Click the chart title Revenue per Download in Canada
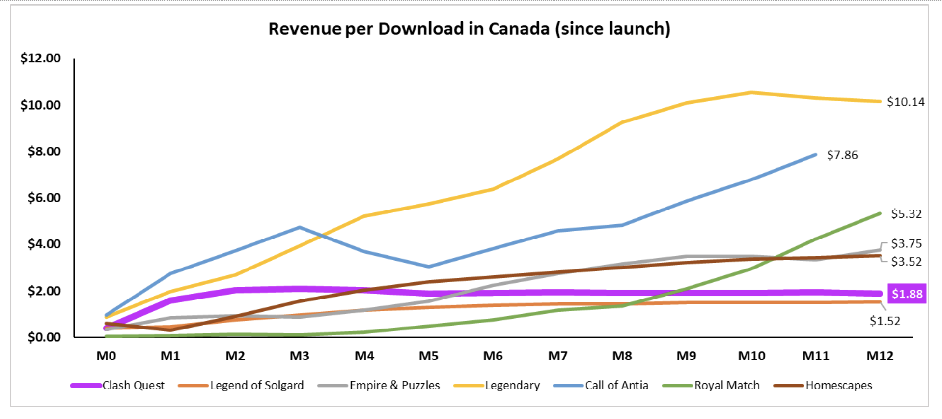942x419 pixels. point(469,29)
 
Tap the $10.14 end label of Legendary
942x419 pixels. point(905,102)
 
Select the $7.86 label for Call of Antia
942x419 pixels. point(842,155)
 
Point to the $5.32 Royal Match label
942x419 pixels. point(906,214)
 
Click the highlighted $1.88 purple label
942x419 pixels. point(907,294)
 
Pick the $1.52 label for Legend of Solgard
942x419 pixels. point(885,321)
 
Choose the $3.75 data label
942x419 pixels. point(906,243)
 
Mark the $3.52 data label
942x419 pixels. point(906,262)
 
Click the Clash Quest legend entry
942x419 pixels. point(133,386)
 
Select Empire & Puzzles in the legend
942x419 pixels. point(394,386)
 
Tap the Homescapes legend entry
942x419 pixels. point(838,386)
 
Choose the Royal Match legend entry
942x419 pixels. point(726,386)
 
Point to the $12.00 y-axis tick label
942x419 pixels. point(41,59)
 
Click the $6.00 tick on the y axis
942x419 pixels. point(44,198)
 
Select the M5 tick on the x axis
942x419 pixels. point(428,356)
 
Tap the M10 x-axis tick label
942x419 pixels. point(751,356)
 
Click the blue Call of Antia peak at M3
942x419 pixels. point(300,227)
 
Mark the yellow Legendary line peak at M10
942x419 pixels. point(751,92)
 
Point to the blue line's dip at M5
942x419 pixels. point(428,267)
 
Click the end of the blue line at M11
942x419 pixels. point(815,155)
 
